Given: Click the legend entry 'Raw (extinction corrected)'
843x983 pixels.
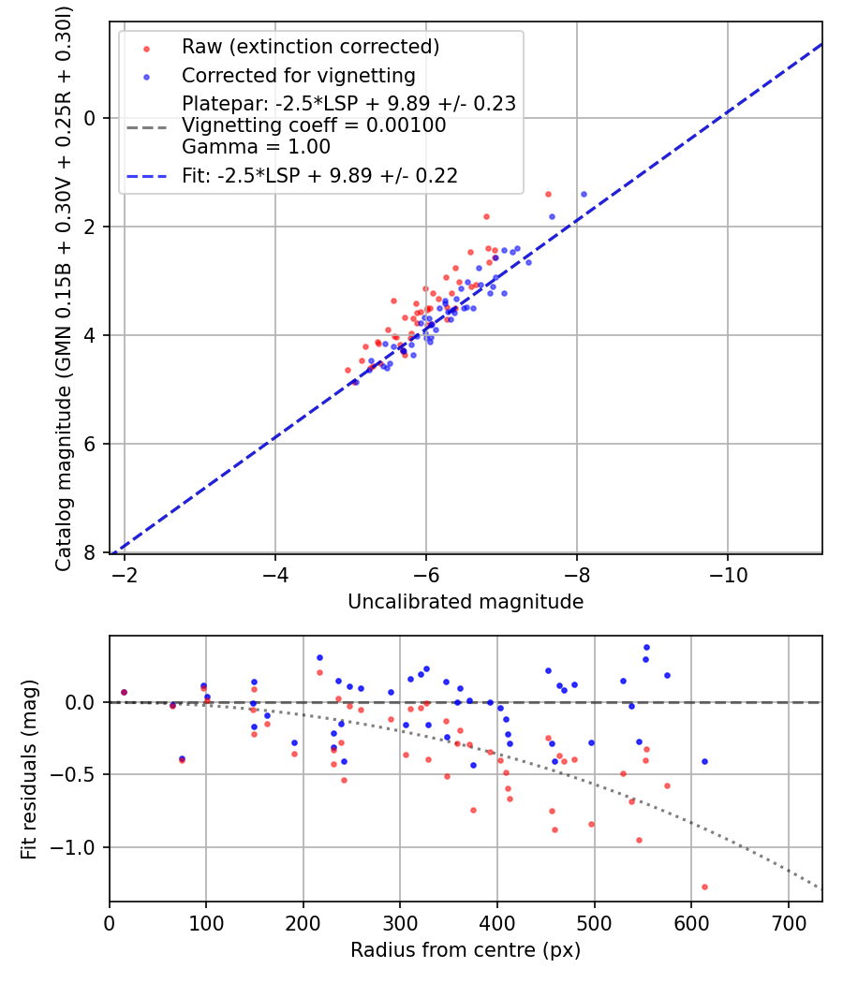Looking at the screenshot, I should pos(310,47).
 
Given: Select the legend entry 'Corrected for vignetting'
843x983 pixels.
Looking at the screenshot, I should pos(299,75).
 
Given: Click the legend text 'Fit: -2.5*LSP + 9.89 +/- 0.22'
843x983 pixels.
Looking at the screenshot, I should pos(319,176).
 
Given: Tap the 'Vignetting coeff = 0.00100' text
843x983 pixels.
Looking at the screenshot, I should pos(314,125).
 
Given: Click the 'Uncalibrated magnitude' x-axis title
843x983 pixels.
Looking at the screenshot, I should pos(466,602).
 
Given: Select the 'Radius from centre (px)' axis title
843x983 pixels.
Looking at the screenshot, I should pos(466,950).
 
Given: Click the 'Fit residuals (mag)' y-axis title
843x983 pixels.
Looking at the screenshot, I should pos(29,769).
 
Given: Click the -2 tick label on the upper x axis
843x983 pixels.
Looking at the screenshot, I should pos(125,574).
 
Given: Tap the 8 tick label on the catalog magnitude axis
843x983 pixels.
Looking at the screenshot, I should pos(91,552).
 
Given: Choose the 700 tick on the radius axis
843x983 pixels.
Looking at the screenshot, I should pos(788,922).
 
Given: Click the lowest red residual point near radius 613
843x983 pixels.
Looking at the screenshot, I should pos(704,887).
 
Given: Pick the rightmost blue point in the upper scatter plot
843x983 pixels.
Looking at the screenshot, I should pos(584,194).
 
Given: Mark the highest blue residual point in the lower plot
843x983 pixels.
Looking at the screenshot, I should pos(646,647).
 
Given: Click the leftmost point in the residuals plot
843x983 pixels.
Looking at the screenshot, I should pos(124,693).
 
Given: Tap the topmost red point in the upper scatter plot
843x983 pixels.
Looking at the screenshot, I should pos(548,194).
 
